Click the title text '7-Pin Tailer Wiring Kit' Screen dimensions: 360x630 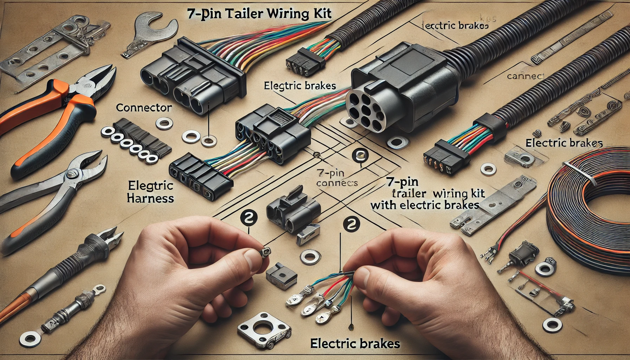click(x=259, y=14)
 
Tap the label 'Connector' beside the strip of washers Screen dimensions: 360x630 click(x=144, y=108)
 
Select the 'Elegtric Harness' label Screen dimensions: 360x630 click(x=151, y=192)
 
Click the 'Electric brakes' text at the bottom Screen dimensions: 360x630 click(x=355, y=343)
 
